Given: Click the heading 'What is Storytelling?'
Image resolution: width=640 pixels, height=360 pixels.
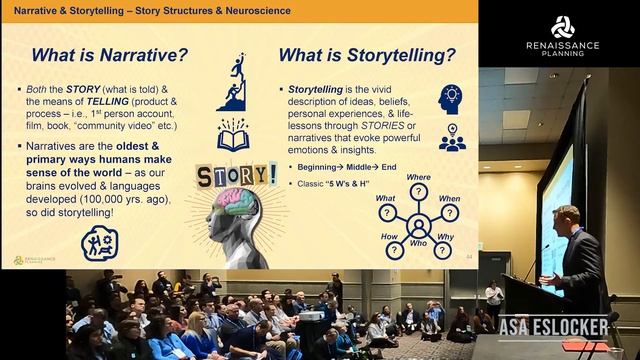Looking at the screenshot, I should [366, 54].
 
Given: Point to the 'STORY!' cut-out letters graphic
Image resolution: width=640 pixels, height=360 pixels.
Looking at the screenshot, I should [236, 174].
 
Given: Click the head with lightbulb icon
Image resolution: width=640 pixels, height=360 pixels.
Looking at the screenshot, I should [450, 98].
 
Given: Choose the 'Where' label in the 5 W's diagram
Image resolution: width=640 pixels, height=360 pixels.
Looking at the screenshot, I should [418, 177].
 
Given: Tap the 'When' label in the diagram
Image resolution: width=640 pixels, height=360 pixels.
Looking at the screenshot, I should [450, 198].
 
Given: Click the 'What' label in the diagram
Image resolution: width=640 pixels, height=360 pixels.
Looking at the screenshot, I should [385, 198].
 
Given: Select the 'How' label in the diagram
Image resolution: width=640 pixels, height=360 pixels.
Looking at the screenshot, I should [388, 237].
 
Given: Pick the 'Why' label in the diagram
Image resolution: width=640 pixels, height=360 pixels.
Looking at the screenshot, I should [446, 237].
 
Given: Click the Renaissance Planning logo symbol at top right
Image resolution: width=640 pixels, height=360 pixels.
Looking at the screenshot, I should [562, 27].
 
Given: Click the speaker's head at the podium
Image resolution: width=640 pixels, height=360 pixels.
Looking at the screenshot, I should [566, 217].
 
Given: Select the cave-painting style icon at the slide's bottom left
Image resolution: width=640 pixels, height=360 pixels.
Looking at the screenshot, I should [100, 242].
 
